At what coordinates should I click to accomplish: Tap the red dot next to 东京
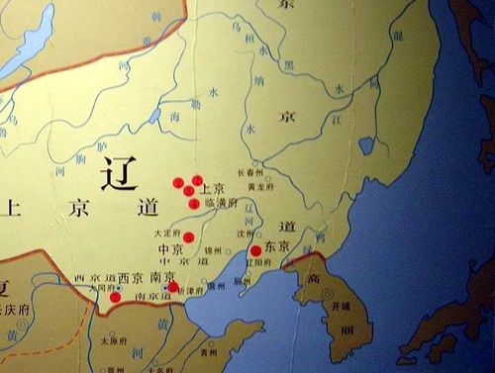point(256,250)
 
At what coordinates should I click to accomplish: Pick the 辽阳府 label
point(270,262)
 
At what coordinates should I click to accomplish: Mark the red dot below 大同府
point(115,297)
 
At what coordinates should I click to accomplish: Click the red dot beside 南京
point(174,287)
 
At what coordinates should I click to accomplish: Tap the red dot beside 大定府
point(189,236)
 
